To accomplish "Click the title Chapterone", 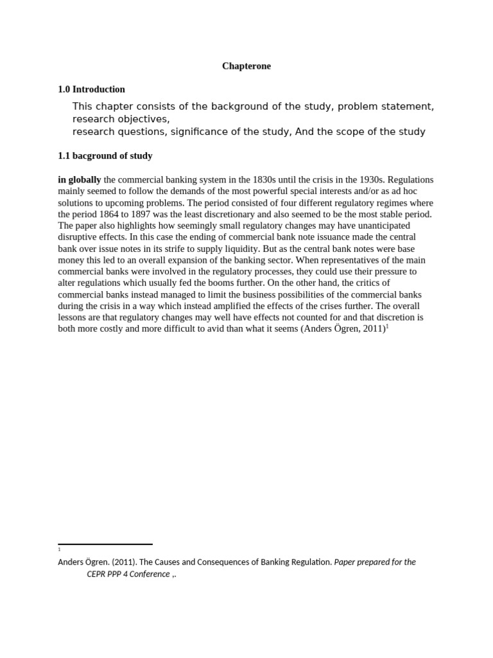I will pos(246,66).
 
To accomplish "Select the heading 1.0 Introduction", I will pos(91,89).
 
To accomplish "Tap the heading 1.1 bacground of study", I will pos(105,156).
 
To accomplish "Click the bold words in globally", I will pos(80,180).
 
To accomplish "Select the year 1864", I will pos(124,214).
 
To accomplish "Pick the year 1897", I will pos(159,214).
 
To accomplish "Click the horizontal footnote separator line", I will pos(105,544).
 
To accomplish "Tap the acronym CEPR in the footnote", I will pos(98,574).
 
